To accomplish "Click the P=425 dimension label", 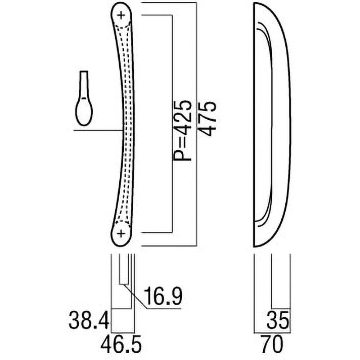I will click(x=182, y=130).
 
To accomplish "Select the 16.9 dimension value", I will click(x=162, y=297).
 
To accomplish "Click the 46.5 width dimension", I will click(x=121, y=346).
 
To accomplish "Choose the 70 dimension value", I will click(x=271, y=346).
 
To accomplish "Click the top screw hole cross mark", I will click(x=121, y=15).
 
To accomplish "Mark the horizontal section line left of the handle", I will click(x=97, y=130).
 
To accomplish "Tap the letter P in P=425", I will click(x=182, y=155).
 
